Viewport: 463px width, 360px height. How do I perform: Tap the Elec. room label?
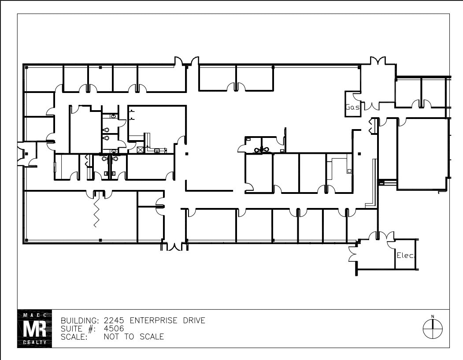pos(406,255)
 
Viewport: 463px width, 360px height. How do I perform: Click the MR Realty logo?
pos(34,328)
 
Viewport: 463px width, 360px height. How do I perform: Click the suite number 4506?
pos(114,329)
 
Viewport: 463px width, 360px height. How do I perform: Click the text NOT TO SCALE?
pos(133,337)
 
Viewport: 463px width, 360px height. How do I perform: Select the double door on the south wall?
pos(175,247)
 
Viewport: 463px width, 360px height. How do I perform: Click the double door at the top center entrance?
pos(187,62)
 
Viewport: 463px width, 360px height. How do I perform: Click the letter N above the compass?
pos(433,316)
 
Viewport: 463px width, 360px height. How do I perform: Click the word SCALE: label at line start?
pos(74,337)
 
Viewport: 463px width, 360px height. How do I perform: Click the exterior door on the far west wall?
pos(21,153)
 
